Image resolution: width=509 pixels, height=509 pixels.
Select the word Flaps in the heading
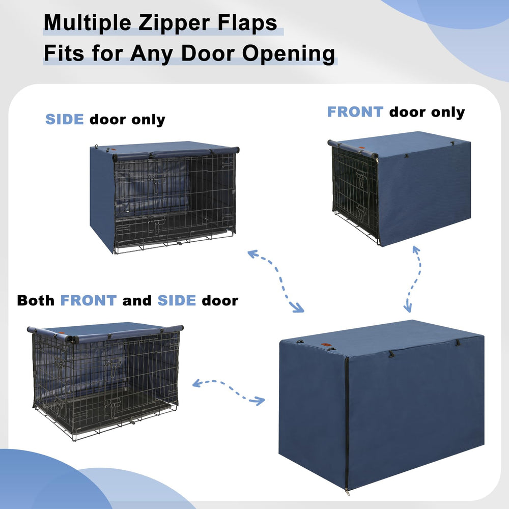point(252,23)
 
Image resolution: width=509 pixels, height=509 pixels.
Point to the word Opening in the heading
point(296,53)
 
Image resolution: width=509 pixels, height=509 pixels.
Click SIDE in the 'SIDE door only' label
point(65,120)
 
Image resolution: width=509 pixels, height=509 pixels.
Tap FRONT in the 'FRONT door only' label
point(355,112)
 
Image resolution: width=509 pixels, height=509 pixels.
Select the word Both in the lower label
point(36,300)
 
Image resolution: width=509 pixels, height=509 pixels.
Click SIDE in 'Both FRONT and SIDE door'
point(177,300)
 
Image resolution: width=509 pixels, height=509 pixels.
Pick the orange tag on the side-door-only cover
point(114,151)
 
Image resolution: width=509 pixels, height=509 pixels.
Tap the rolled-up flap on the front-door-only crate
point(352,149)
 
